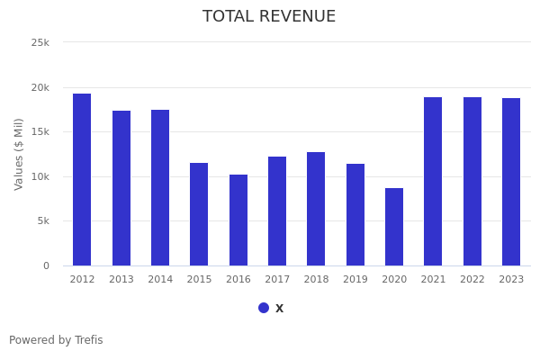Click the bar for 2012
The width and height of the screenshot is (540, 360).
[82, 180]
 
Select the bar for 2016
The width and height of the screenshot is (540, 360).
[238, 220]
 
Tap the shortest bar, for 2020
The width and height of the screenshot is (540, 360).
[394, 227]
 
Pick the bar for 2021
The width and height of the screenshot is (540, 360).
[433, 182]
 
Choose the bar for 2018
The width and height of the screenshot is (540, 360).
[316, 209]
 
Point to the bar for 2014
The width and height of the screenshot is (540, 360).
[160, 188]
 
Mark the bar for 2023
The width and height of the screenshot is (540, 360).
[511, 182]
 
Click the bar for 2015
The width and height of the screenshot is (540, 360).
[199, 214]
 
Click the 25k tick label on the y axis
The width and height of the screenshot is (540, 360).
[40, 42]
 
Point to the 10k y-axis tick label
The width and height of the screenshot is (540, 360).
[40, 176]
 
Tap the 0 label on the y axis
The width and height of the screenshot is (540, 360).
[46, 265]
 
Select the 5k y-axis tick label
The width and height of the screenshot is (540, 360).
[43, 221]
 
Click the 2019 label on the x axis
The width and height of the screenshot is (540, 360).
[355, 280]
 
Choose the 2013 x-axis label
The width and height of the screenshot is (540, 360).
[121, 280]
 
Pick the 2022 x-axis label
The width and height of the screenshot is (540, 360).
[472, 280]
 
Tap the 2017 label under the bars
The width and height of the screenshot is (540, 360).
[277, 280]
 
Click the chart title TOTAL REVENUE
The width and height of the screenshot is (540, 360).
[269, 17]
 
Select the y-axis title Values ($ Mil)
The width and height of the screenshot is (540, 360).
[19, 154]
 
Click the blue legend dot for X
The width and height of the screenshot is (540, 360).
[264, 308]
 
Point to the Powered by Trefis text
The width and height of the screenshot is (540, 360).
[56, 340]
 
